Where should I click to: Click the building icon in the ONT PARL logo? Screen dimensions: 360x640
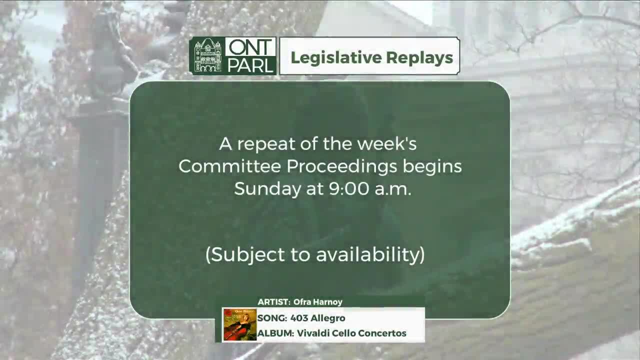tap(207, 55)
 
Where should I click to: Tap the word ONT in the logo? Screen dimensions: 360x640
tap(250, 48)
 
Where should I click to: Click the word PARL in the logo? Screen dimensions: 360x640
tap(250, 65)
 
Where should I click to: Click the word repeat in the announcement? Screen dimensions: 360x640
tap(265, 144)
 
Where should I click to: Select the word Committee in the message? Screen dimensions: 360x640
tap(230, 166)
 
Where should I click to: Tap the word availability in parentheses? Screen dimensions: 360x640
tap(370, 254)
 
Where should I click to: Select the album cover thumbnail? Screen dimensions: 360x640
tap(239, 325)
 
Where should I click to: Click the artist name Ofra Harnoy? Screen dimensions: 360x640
tap(318, 302)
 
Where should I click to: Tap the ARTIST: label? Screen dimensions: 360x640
tap(273, 302)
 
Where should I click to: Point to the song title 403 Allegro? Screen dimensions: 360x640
tap(317, 318)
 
